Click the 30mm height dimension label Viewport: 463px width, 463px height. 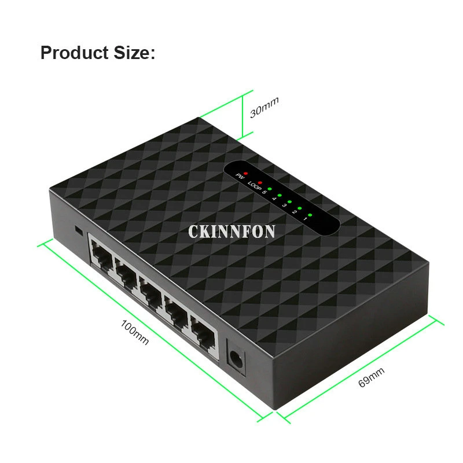click(264, 107)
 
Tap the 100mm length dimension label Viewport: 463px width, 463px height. click(135, 333)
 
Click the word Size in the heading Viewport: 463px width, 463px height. click(130, 53)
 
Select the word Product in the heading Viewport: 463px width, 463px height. click(72, 53)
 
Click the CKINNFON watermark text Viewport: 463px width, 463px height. click(231, 231)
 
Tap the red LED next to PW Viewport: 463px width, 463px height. click(245, 173)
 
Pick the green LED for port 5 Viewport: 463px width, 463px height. click(270, 189)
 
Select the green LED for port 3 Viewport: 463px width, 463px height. click(289, 202)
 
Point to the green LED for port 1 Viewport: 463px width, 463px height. click(310, 215)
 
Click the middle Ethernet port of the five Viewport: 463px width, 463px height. click(150, 293)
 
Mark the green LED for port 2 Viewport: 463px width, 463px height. click(299, 208)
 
